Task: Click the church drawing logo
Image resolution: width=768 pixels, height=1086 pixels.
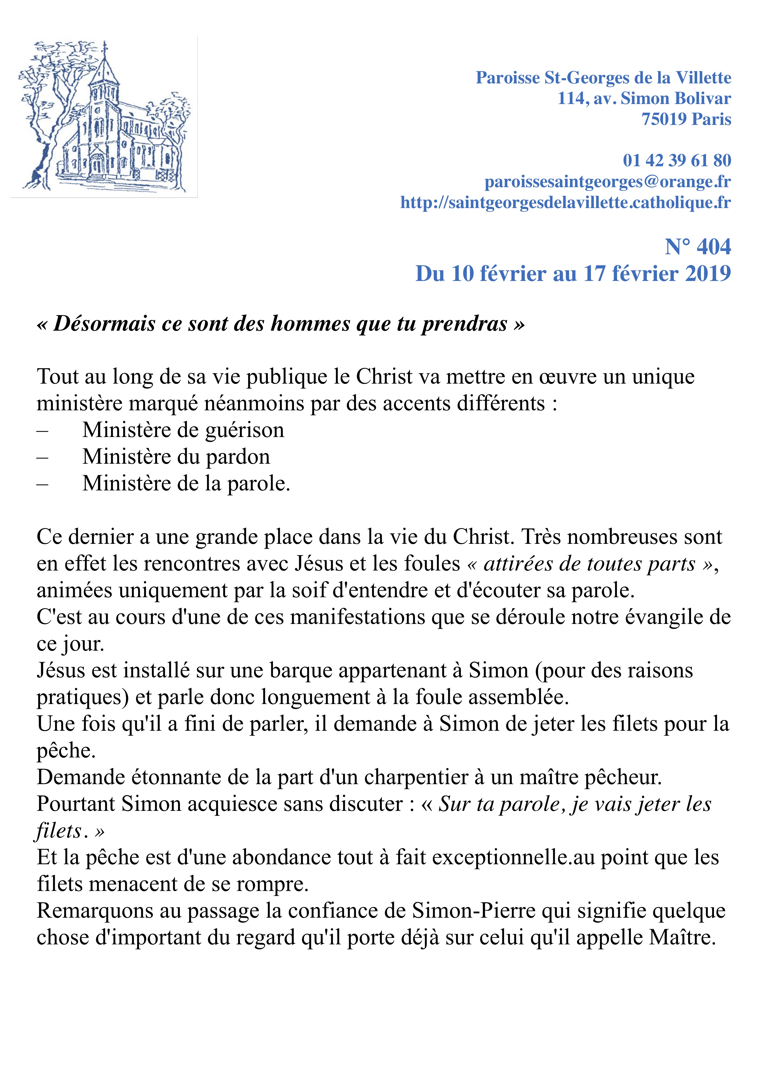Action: point(104,116)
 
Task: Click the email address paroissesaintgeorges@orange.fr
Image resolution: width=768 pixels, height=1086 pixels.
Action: point(608,182)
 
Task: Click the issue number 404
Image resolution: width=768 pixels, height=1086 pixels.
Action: point(714,247)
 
